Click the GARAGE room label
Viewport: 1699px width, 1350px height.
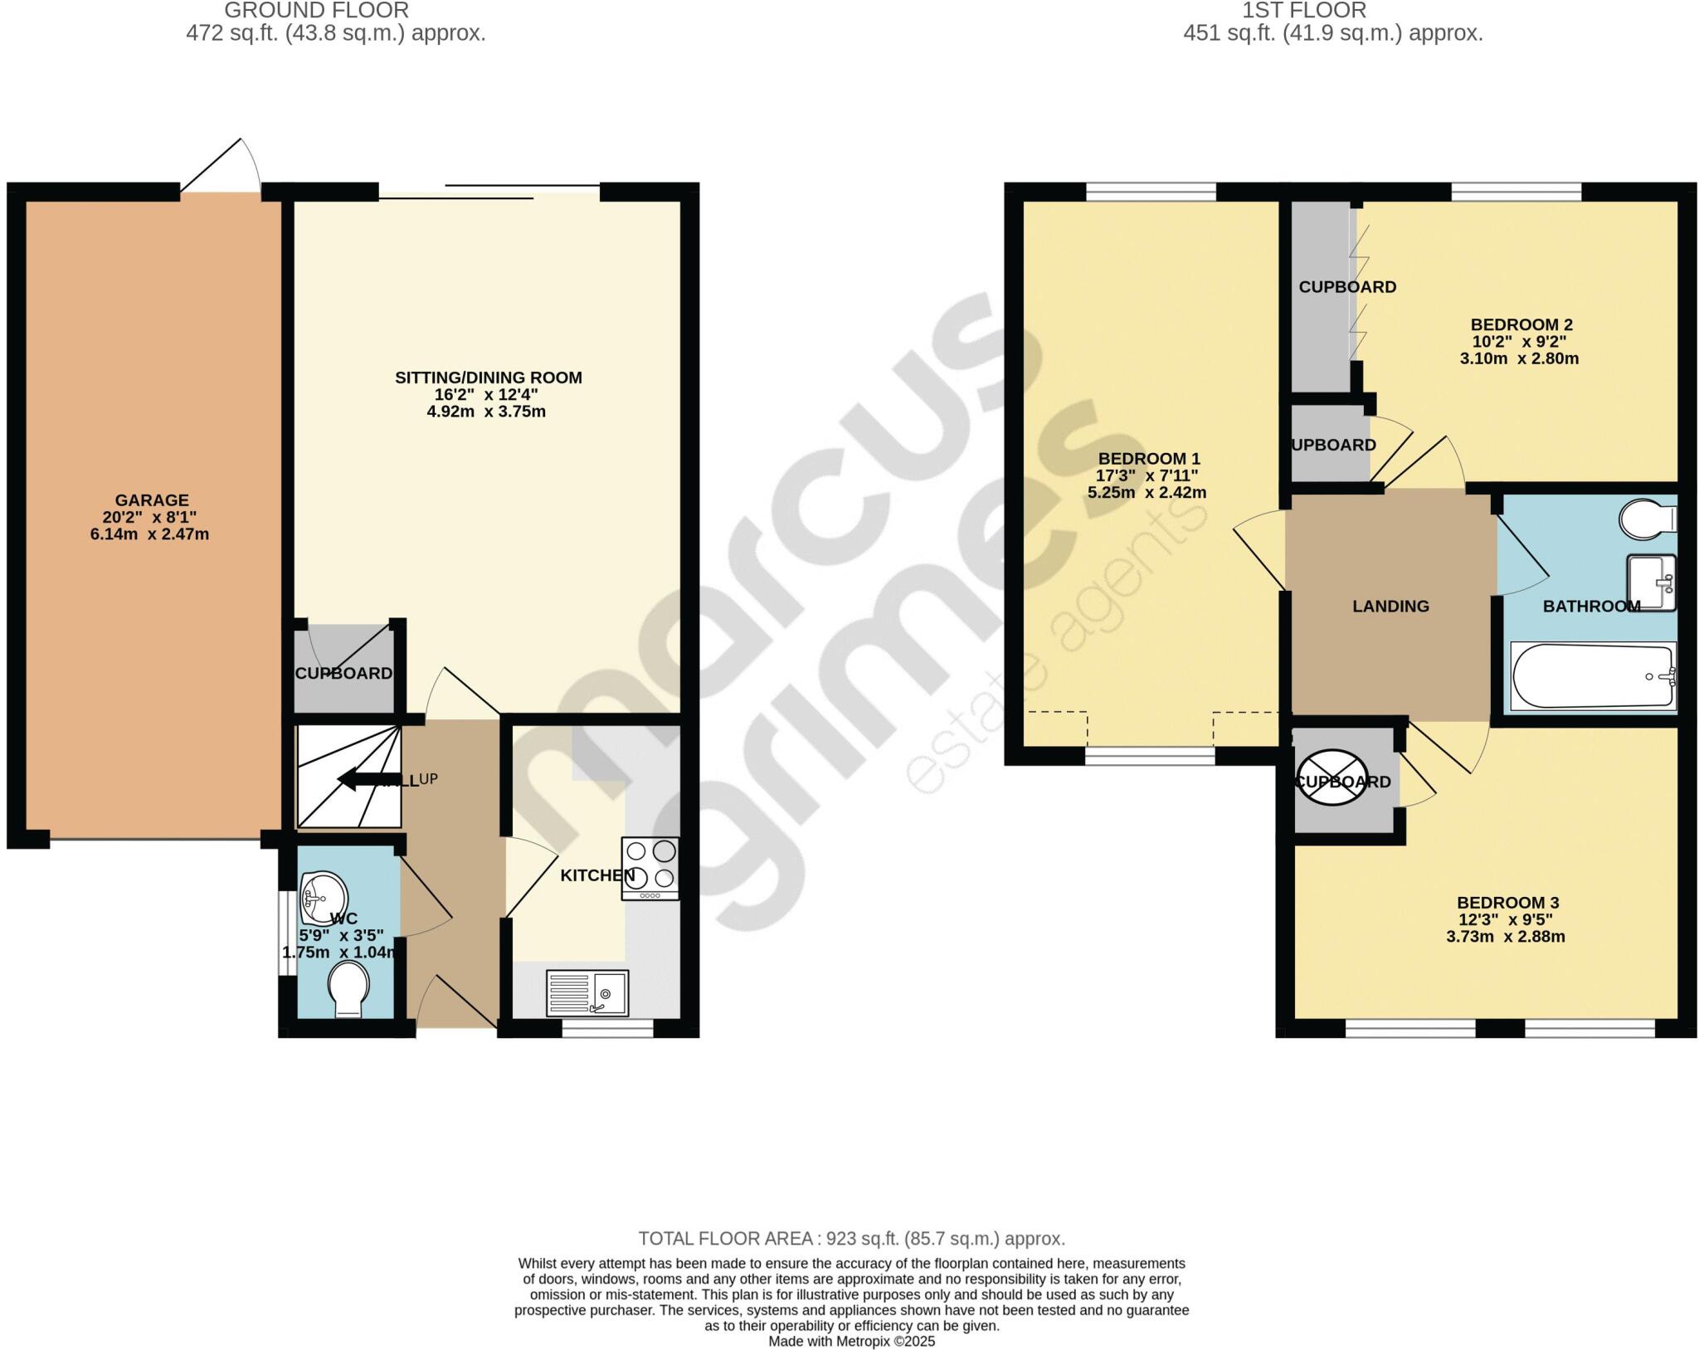point(152,500)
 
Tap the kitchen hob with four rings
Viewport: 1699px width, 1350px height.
point(650,868)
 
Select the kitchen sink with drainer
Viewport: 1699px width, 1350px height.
point(587,992)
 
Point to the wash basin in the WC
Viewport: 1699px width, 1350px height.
point(324,897)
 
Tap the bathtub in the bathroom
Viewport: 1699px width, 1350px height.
point(1592,676)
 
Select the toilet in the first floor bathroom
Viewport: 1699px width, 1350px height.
point(1648,519)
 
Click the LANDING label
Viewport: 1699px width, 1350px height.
point(1390,607)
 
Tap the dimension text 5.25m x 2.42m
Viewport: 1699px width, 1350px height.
point(1146,493)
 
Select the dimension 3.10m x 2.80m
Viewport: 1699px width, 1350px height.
point(1518,359)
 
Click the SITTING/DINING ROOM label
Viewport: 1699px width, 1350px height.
point(488,378)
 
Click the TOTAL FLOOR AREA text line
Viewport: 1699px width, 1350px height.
point(851,1239)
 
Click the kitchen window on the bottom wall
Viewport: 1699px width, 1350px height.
point(607,1029)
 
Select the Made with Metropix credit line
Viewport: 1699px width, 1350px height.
point(851,1341)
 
